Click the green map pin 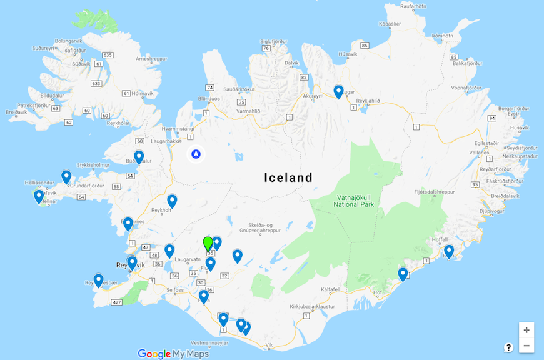[208, 244]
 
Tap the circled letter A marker [196, 153]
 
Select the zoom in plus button [526, 330]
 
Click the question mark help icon [509, 347]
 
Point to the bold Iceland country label [288, 177]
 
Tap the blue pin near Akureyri [338, 91]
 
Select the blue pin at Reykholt [172, 201]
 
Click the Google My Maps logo [173, 354]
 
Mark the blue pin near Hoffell [449, 251]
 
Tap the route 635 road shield [108, 55]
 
